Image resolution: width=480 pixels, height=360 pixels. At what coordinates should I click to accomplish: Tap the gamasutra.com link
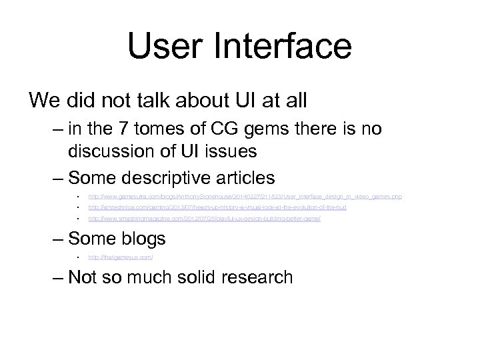245,197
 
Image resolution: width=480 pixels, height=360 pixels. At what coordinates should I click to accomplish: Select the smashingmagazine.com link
204,218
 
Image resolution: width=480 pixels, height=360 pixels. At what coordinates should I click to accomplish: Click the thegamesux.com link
121,257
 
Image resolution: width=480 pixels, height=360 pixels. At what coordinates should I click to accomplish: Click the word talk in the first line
153,101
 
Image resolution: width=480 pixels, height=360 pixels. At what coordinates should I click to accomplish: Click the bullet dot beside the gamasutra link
78,197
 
